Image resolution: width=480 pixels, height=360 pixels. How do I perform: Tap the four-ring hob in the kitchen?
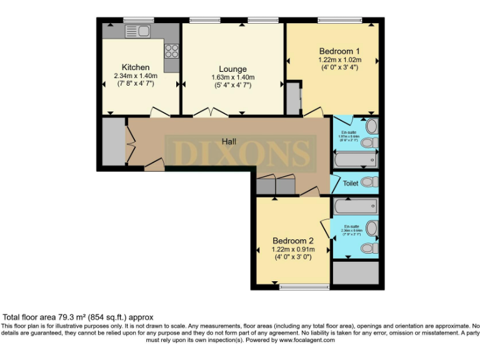tap(172, 51)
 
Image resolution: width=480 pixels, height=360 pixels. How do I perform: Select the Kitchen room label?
tap(136, 67)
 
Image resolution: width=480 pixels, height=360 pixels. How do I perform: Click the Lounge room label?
tap(232, 69)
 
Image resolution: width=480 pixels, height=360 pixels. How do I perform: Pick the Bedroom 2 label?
tap(292, 241)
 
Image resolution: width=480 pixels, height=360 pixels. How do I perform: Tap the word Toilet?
tap(351, 184)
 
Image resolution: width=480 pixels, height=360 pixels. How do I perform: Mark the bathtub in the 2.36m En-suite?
tap(354, 206)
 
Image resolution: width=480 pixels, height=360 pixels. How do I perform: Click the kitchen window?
tap(138, 20)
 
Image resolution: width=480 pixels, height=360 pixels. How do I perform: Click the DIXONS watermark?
tap(240, 152)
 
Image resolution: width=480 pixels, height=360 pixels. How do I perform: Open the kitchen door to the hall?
tap(160, 112)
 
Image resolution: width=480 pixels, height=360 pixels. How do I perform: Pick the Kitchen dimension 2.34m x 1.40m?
tap(136, 76)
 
